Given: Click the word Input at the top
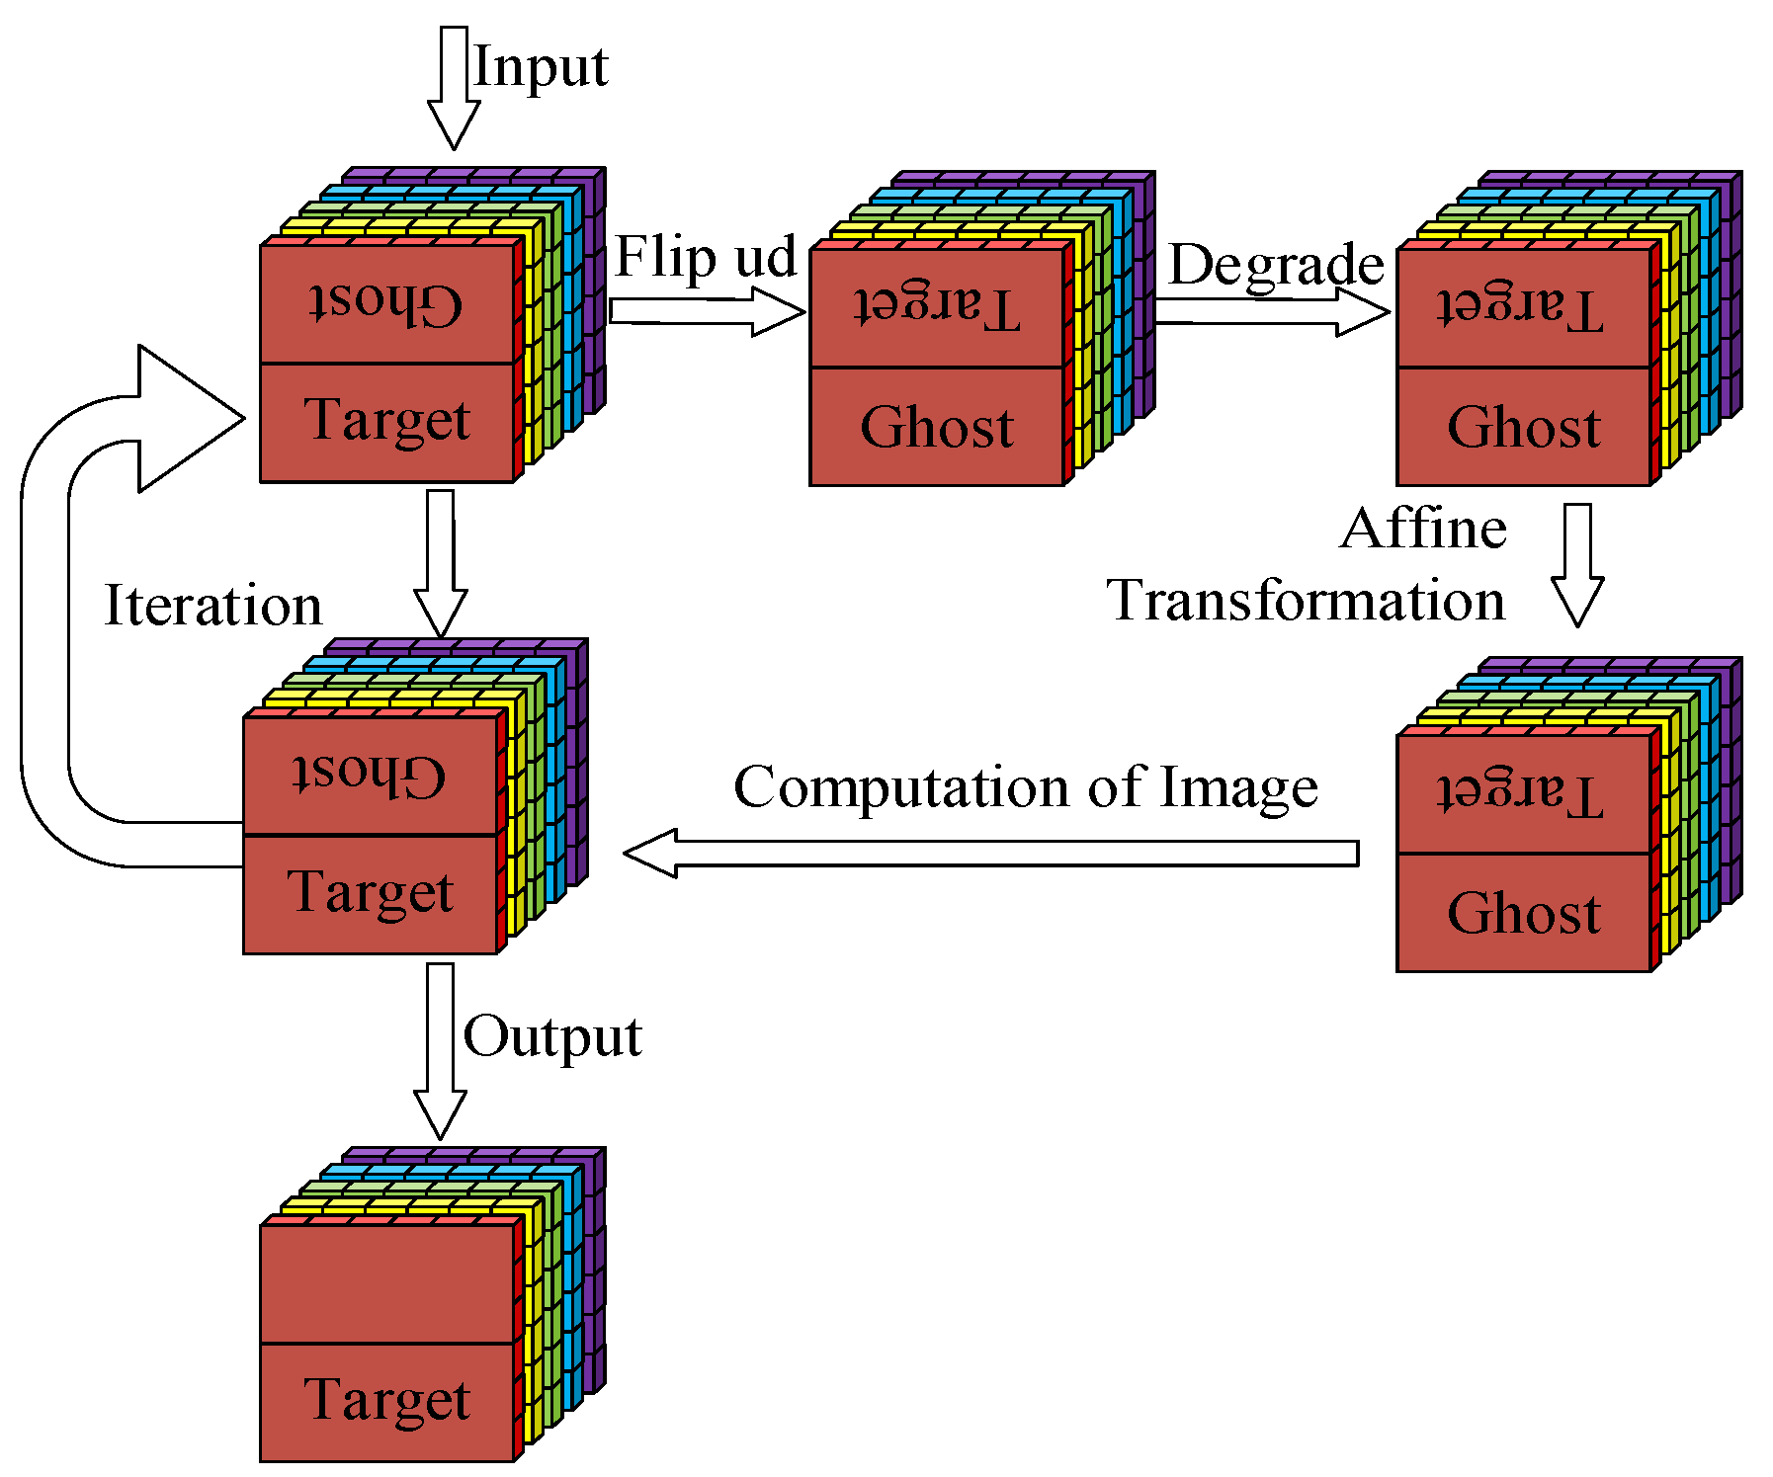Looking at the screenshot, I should tap(541, 67).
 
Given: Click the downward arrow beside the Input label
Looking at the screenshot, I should tap(454, 89).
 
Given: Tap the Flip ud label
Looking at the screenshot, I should tap(705, 257).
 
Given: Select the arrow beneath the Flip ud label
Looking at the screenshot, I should tap(707, 311).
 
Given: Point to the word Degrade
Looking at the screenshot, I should tap(1276, 265).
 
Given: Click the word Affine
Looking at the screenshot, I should tap(1423, 529).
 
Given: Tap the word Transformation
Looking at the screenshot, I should tap(1306, 601).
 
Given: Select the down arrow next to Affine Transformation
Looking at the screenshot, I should tap(1576, 565).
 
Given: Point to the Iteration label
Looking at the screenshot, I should tap(213, 606).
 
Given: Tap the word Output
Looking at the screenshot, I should tap(552, 1036).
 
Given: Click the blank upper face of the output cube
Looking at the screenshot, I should tap(386, 1283).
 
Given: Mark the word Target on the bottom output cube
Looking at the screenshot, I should tap(386, 1400).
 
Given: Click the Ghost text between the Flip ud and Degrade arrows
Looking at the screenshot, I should tap(937, 428).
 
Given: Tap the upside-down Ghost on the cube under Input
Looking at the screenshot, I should tap(386, 302).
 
